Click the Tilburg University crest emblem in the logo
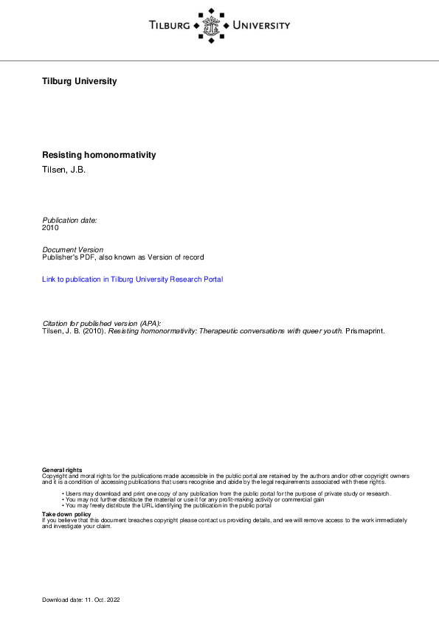click(x=218, y=26)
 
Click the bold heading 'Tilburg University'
click(x=80, y=81)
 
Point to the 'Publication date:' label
click(x=69, y=221)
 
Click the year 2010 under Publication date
click(x=50, y=228)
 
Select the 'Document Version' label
click(x=73, y=250)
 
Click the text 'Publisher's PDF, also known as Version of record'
click(x=122, y=257)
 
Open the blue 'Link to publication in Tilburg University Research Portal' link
click(x=133, y=280)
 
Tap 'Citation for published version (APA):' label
click(x=102, y=324)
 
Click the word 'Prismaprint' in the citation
click(x=364, y=331)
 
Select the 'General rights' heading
click(x=62, y=470)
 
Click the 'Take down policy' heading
click(x=66, y=514)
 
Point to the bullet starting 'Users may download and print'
click(x=227, y=493)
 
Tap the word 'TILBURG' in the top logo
click(x=169, y=26)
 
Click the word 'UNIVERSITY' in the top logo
click(x=261, y=26)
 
